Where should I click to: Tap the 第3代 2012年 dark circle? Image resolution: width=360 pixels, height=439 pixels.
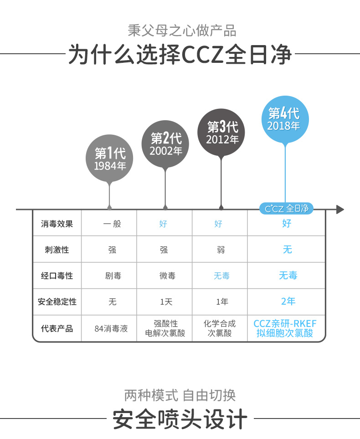(221, 133)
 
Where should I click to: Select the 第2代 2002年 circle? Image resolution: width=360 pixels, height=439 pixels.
(165, 144)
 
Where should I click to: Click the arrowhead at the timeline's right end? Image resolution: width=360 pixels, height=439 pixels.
(339, 209)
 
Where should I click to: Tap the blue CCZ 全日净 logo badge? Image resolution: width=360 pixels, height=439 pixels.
(287, 209)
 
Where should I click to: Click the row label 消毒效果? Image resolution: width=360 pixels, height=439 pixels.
(57, 224)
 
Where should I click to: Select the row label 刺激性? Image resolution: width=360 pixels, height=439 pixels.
(57, 250)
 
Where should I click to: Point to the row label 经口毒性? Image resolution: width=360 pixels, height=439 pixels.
(57, 276)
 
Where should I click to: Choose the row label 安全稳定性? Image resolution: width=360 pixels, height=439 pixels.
(57, 302)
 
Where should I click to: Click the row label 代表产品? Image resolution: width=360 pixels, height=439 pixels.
(57, 328)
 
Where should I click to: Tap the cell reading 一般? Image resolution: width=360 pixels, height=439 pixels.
(112, 224)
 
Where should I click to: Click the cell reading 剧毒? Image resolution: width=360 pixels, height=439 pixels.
(112, 276)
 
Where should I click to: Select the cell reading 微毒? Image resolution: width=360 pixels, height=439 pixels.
(167, 276)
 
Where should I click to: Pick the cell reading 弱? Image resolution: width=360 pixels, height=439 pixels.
(221, 250)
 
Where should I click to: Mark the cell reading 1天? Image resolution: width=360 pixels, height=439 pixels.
(166, 302)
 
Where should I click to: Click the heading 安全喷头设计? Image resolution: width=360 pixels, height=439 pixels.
(180, 419)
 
